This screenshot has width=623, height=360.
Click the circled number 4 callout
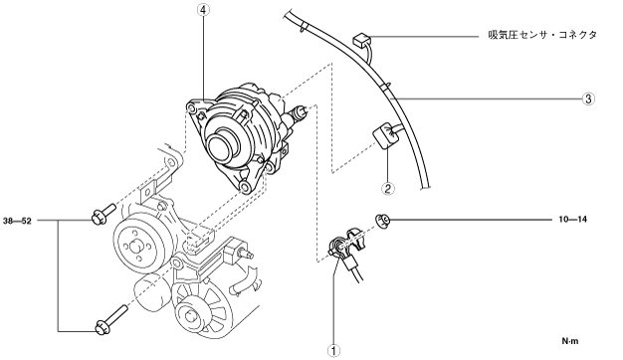tap(203, 10)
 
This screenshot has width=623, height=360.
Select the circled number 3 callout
tap(588, 98)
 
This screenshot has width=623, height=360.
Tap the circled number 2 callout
tap(388, 188)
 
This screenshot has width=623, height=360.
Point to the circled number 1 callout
tap(333, 350)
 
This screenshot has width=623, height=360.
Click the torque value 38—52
tap(17, 221)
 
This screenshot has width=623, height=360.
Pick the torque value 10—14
tap(572, 219)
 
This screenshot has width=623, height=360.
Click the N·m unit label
tap(570, 340)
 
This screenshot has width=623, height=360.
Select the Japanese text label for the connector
tap(542, 35)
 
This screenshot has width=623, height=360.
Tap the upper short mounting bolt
tap(103, 214)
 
